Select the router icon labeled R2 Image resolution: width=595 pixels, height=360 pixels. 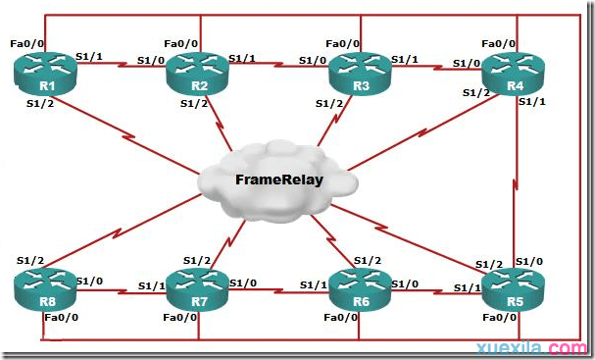pos(199,72)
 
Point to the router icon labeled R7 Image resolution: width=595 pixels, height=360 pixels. pos(199,287)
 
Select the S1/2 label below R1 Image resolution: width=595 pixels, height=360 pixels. pos(40,102)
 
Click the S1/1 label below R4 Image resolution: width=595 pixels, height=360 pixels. pos(531,102)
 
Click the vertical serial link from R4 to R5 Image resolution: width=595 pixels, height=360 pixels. pos(516,181)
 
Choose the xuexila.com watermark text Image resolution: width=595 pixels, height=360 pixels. pos(540,348)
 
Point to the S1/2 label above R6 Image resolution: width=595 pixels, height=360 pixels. pos(367,260)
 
